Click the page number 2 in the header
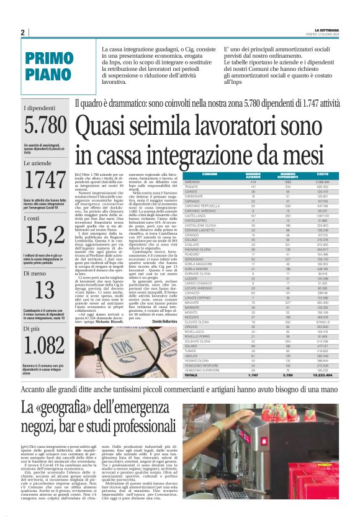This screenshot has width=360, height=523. tap(22, 32)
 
